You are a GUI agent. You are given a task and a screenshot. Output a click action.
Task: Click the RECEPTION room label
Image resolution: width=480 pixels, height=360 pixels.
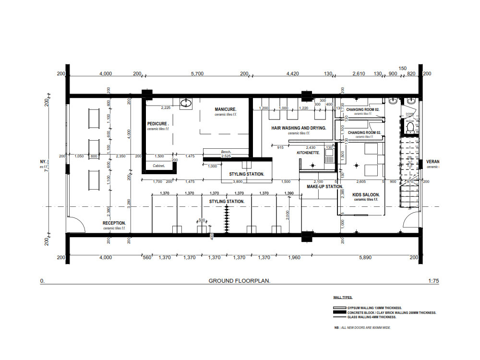[114, 223]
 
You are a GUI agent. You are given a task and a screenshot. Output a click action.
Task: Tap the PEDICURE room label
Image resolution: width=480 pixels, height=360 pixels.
[158, 124]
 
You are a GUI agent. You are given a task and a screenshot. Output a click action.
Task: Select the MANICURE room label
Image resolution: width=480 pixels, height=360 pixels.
[225, 109]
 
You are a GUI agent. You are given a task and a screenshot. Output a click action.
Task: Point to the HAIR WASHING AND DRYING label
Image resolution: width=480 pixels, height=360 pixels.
[299, 128]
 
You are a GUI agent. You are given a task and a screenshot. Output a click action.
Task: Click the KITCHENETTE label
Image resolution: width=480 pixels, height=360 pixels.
[308, 152]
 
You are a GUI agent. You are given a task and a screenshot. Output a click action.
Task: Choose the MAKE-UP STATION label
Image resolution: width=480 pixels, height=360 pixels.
[325, 187]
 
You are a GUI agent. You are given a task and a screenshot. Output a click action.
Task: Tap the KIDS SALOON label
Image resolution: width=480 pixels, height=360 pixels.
[366, 195]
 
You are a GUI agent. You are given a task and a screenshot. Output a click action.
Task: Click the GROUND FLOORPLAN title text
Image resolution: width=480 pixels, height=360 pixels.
[239, 281]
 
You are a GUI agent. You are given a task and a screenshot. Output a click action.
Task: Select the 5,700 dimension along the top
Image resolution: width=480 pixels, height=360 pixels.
[198, 73]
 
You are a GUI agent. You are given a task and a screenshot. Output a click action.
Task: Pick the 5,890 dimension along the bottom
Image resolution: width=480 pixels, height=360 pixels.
[366, 258]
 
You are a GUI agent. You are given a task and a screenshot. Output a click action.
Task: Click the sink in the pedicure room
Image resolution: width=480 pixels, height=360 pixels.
[185, 103]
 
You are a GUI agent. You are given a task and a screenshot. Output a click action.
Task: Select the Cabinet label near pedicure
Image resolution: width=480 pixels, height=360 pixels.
[159, 166]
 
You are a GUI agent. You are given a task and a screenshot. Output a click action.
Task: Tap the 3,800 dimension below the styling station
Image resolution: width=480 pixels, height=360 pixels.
[237, 182]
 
